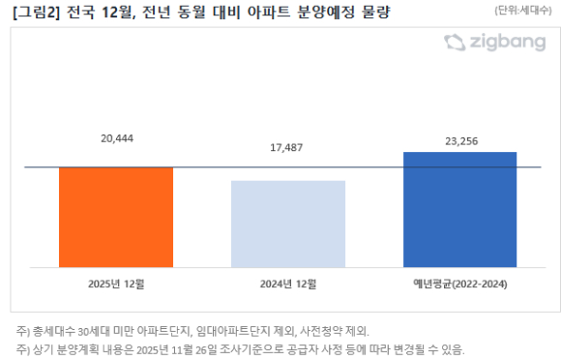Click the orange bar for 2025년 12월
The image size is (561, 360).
(x=116, y=216)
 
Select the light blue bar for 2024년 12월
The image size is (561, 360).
(x=288, y=223)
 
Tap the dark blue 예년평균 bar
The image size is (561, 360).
(x=459, y=208)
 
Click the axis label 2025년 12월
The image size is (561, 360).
(x=116, y=284)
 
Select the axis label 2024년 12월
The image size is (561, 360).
(x=288, y=284)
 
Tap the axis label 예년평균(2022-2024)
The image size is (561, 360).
(x=459, y=284)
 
